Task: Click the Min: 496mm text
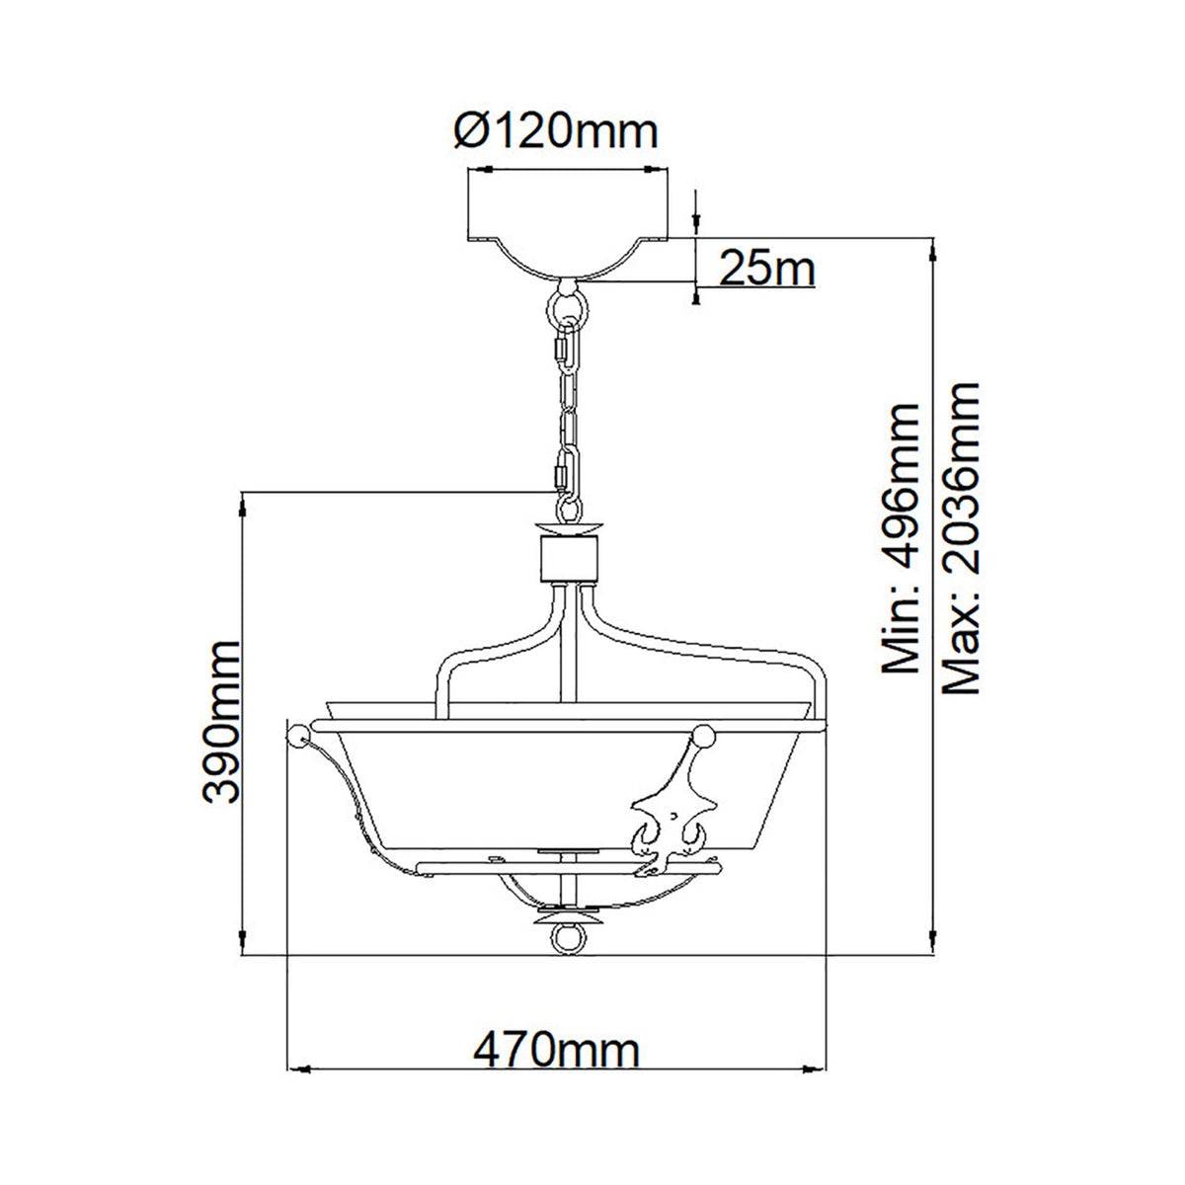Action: tap(901, 538)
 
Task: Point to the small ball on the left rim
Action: tap(294, 734)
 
